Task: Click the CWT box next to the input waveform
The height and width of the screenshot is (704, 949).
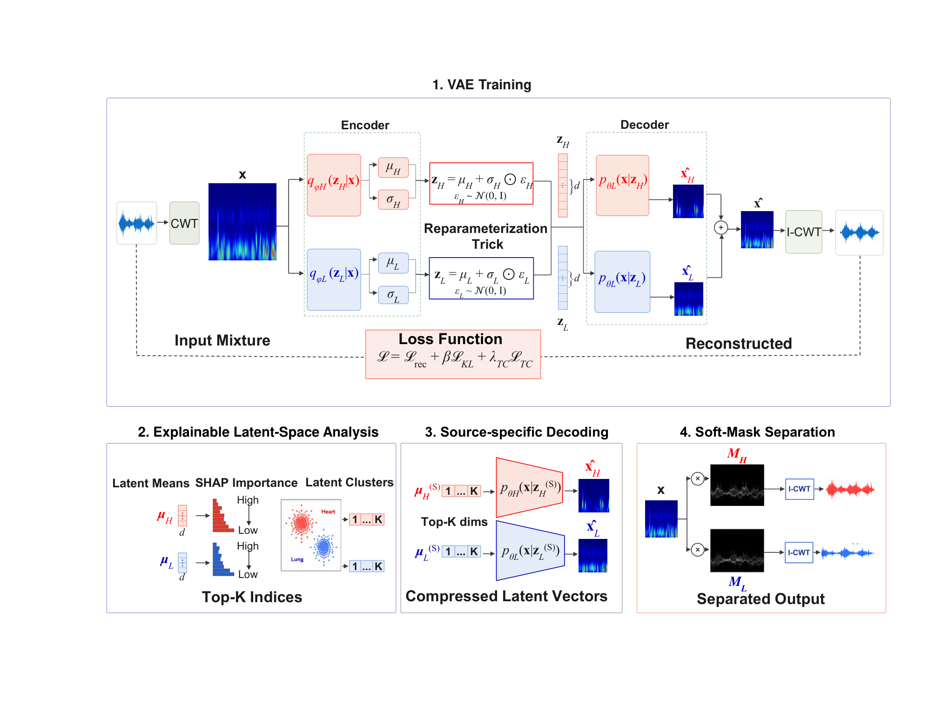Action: (x=184, y=223)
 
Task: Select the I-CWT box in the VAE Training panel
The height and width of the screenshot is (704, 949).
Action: (x=804, y=232)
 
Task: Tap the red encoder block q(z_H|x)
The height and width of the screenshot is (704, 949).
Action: (x=334, y=185)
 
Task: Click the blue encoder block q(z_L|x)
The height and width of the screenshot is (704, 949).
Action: (x=334, y=279)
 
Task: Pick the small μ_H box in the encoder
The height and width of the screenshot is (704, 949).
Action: (x=393, y=168)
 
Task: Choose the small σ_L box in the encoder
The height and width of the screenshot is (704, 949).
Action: (x=393, y=295)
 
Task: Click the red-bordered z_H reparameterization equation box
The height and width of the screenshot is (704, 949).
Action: (x=481, y=184)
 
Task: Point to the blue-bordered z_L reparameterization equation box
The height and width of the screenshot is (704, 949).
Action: (x=481, y=278)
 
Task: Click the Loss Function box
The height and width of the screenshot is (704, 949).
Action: (x=453, y=354)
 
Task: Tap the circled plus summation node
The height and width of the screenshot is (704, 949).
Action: (x=721, y=228)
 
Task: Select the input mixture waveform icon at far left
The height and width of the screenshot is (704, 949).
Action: (x=137, y=223)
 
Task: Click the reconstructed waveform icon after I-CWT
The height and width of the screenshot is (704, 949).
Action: (x=859, y=232)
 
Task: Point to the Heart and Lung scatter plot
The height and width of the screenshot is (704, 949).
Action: (x=311, y=535)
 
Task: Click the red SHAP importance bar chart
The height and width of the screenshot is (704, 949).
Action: (x=223, y=516)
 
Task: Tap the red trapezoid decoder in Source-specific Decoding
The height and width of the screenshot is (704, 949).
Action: (x=530, y=488)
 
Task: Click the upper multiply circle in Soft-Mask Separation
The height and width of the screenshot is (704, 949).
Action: (x=697, y=478)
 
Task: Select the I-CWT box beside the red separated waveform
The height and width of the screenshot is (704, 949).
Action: (x=800, y=489)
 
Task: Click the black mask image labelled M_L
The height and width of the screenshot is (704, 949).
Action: (x=737, y=551)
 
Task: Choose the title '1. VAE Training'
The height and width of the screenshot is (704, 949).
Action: (x=482, y=85)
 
